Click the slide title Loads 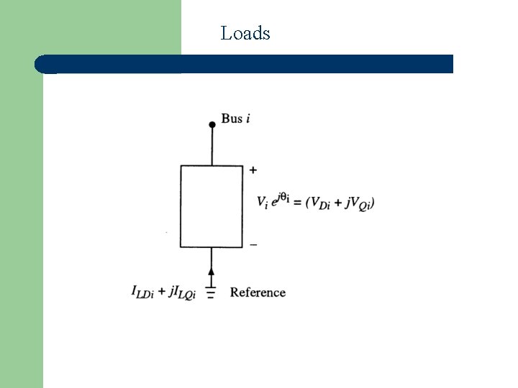tap(245, 33)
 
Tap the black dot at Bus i tap(212, 125)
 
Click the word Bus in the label tap(232, 119)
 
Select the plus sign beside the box tap(253, 170)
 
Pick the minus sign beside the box tap(253, 244)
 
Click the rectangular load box tap(212, 206)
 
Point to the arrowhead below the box tap(212, 272)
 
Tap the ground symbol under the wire tap(211, 292)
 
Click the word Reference tap(258, 292)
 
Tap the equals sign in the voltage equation tap(296, 203)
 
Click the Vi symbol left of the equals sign tap(263, 203)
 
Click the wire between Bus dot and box tap(212, 147)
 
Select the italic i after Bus tap(248, 119)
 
